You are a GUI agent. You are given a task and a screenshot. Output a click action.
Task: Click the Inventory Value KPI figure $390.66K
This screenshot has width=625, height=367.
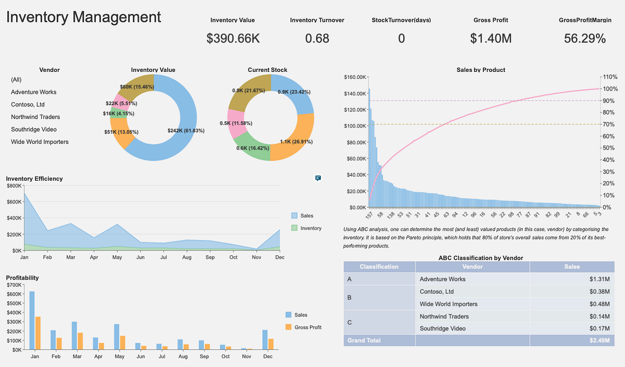[232, 39]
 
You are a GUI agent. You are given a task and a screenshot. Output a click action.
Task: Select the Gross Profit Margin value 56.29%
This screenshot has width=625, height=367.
[584, 39]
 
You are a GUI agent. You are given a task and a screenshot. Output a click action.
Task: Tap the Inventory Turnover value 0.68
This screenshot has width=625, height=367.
[317, 39]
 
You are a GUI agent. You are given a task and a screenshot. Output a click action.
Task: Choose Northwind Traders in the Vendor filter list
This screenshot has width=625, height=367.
[35, 117]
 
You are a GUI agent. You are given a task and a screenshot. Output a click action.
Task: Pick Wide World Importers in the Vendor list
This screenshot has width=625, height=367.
[40, 142]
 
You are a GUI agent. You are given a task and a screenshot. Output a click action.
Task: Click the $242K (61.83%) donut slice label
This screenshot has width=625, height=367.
[186, 131]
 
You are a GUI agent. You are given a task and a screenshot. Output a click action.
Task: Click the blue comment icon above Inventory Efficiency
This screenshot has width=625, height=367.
[318, 178]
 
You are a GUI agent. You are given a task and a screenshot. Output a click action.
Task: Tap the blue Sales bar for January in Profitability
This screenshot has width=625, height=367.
[32, 320]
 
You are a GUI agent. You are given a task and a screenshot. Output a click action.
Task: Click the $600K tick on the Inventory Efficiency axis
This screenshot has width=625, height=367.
[14, 202]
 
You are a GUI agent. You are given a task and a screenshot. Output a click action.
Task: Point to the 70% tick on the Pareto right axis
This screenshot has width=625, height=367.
[608, 124]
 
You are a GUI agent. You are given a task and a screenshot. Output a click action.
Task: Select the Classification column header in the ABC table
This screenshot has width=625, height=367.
[379, 267]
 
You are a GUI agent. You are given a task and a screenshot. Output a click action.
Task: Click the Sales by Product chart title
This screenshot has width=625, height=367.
[480, 70]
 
